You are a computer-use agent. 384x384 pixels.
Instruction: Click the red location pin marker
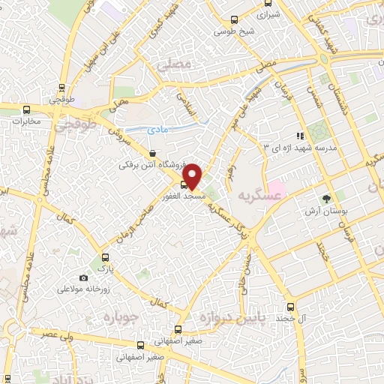[x=193, y=175]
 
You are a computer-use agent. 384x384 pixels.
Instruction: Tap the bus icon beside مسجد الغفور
[x=184, y=184]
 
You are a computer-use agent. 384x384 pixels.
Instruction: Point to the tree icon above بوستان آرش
[x=326, y=199]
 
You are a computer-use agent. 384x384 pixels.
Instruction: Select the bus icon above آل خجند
[x=292, y=307]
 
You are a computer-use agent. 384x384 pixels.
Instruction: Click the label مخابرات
[x=26, y=121]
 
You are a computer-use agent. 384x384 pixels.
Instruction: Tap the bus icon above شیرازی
[x=266, y=3]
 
